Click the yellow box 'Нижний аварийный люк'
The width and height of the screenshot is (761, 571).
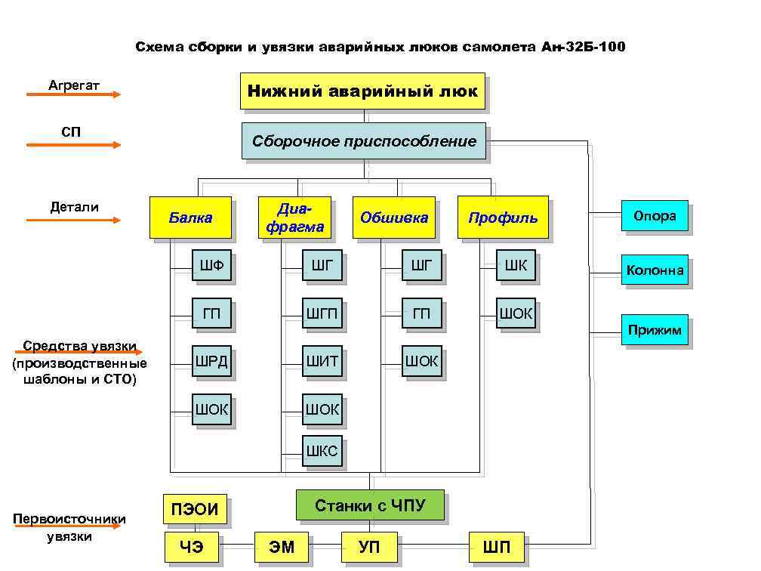tap(362, 91)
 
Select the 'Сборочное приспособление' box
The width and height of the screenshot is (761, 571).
tap(364, 141)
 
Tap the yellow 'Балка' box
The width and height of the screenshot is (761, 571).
tap(190, 218)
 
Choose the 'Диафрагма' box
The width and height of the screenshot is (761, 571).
tap(294, 218)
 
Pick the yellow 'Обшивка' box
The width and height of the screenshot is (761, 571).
tap(394, 218)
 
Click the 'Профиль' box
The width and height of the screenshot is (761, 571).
tap(503, 218)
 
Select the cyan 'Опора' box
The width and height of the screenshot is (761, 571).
tap(655, 216)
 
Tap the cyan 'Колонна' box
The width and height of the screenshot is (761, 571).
tap(655, 270)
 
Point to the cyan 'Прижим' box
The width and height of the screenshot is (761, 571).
tap(655, 329)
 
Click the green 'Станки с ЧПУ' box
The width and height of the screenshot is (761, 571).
tap(370, 505)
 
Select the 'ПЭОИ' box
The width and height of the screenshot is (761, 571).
tap(196, 510)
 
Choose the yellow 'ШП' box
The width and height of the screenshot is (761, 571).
tap(496, 547)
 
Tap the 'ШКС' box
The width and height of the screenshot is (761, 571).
tap(322, 452)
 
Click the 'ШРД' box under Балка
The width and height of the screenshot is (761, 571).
tap(211, 362)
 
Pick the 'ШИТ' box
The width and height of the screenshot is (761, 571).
tap(322, 362)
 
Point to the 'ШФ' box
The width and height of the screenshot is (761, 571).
tap(211, 265)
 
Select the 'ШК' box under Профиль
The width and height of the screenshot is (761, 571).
tap(516, 265)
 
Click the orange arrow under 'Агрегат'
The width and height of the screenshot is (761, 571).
tap(73, 94)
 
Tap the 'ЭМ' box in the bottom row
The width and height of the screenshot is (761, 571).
tap(282, 547)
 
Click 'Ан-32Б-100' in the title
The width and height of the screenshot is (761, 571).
tap(583, 48)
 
